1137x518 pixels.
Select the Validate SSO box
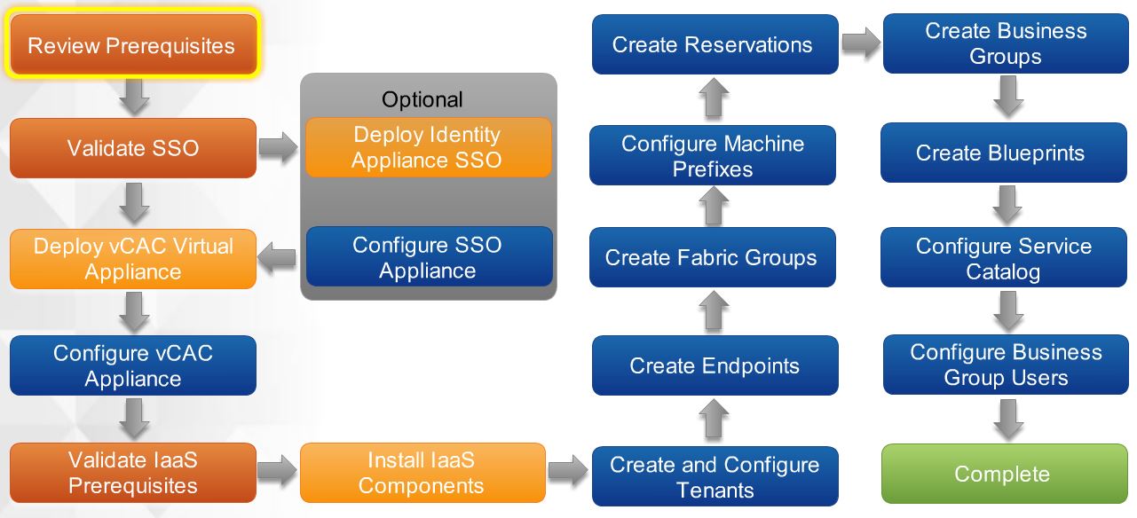point(133,147)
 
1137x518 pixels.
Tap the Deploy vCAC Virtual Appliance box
point(133,258)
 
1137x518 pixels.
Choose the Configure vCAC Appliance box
point(133,365)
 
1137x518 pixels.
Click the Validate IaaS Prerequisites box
point(133,473)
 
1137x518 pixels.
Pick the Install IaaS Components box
point(422,473)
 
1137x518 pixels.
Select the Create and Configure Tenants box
point(715,476)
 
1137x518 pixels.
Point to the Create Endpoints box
point(715,365)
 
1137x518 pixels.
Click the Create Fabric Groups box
point(712,257)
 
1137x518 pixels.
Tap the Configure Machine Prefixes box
point(713,156)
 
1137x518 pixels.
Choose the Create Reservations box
point(714,44)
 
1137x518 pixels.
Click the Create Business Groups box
point(1006,43)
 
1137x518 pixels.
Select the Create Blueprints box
point(1000,153)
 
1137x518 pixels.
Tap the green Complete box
point(1001,474)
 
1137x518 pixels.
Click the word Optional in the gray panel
point(422,98)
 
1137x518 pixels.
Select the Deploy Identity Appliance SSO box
point(428,147)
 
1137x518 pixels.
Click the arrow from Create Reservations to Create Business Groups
point(859,42)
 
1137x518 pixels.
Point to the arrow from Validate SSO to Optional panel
point(278,148)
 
